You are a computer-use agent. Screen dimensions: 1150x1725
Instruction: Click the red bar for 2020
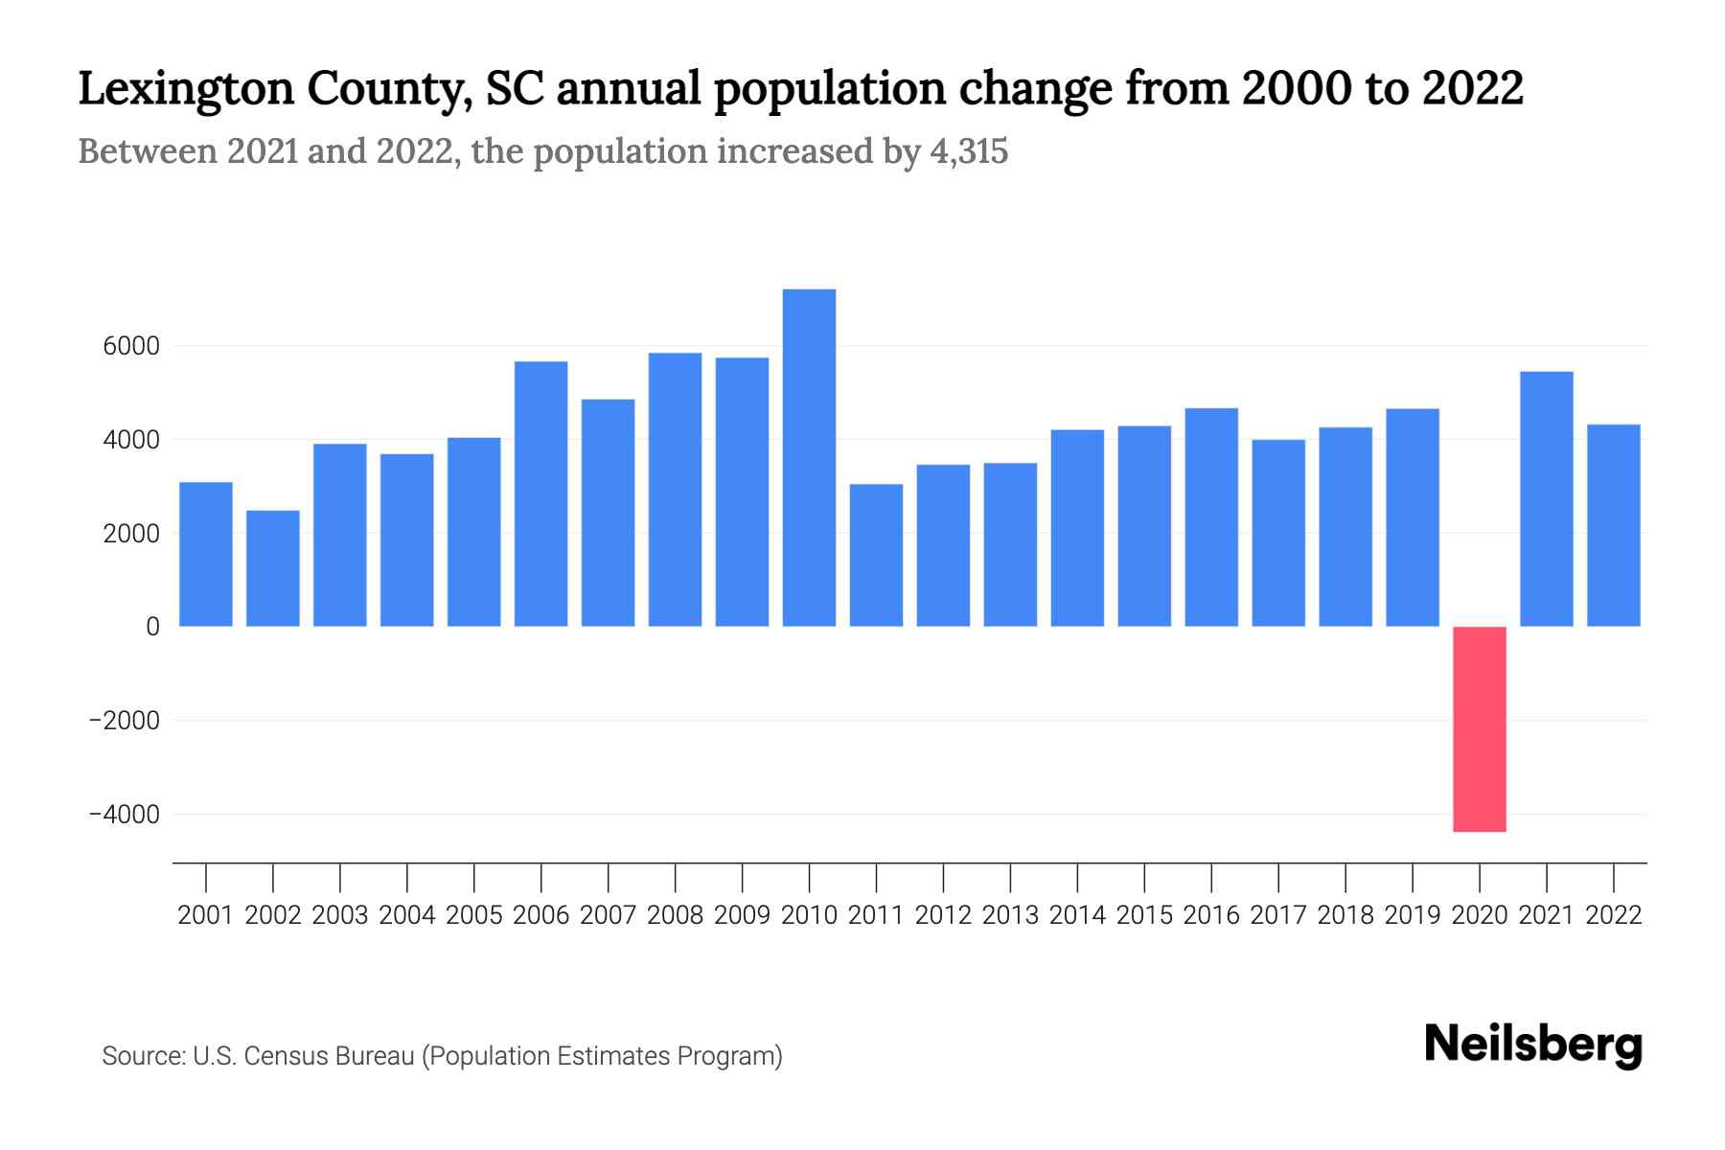1479,728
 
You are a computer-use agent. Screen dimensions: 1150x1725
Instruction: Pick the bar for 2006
540,494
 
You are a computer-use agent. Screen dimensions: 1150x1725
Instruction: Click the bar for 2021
1546,498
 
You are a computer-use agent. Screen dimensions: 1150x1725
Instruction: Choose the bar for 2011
876,555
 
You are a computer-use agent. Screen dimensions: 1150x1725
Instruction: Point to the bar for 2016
1211,517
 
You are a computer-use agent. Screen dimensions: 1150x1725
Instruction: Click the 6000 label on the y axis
131,346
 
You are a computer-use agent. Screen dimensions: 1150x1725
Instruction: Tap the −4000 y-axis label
124,815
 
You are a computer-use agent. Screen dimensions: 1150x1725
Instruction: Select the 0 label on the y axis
152,627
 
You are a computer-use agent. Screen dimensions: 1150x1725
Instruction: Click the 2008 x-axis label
675,915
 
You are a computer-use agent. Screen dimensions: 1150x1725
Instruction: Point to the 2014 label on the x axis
1077,915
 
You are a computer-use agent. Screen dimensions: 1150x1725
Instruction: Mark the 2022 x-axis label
1614,915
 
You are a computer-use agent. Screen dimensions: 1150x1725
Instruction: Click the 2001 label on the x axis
206,915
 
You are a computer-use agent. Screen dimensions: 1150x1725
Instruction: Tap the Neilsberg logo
1533,1045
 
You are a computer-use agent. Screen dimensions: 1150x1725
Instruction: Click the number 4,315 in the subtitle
968,151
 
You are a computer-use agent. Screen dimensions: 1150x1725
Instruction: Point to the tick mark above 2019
1413,876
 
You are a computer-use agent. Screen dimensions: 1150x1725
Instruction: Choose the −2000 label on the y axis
124,721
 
